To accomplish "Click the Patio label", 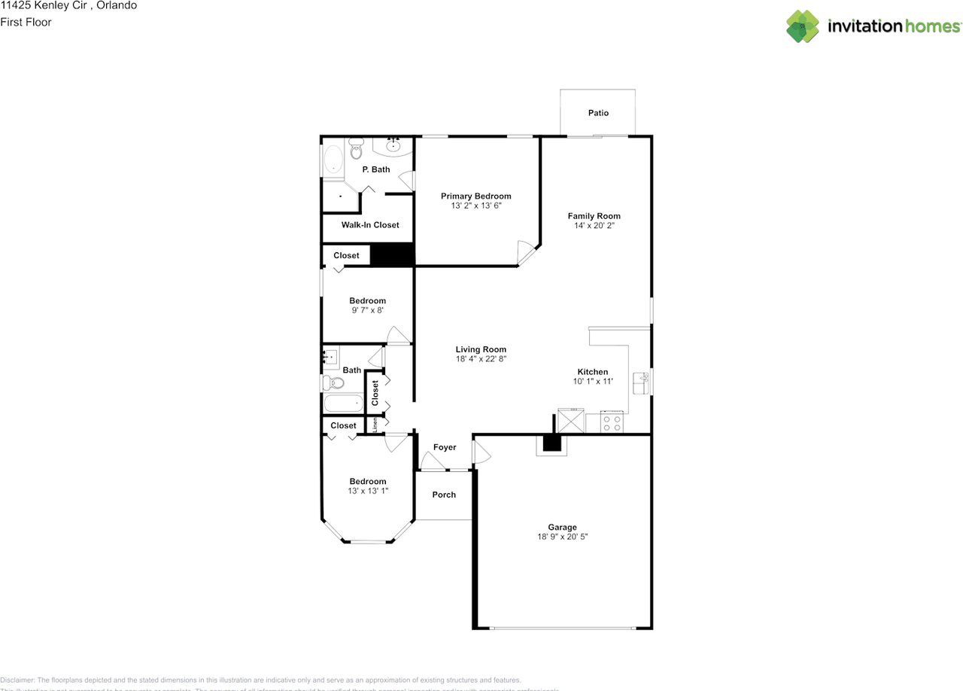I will point(598,113).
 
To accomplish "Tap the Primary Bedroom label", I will point(475,196).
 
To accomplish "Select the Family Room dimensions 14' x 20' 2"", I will point(594,226).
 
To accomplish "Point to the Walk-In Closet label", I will point(370,225).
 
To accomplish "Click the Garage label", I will point(562,528).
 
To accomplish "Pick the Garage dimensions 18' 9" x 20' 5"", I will point(562,537).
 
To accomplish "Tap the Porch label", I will point(444,495).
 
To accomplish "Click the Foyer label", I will point(445,447).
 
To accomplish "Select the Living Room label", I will point(481,349).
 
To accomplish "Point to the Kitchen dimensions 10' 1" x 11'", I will point(592,382).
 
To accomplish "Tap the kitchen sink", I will point(640,382).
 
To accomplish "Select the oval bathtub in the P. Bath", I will point(333,160).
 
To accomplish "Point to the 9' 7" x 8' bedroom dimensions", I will point(367,310).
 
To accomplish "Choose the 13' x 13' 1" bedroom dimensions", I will point(367,491).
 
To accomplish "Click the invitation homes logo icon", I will point(803,26).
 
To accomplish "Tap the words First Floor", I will point(26,22).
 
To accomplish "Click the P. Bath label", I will point(375,169).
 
